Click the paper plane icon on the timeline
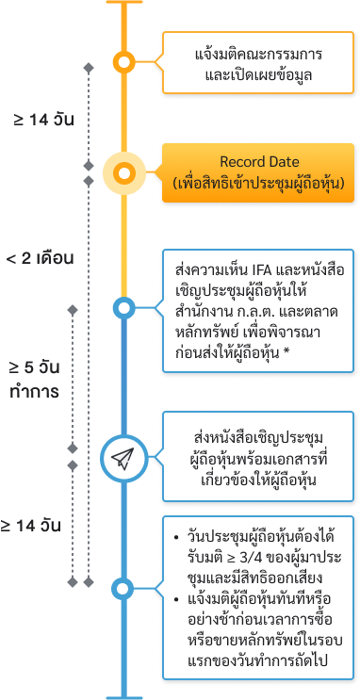[x=123, y=458]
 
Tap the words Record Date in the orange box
[x=259, y=162]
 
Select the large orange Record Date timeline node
[x=123, y=172]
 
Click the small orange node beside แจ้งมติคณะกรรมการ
[x=123, y=62]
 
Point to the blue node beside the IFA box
[x=123, y=307]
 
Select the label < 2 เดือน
[x=40, y=256]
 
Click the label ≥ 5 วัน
[x=41, y=367]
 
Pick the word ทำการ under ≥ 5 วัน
[x=41, y=389]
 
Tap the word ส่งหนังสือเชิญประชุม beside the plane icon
[x=256, y=438]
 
